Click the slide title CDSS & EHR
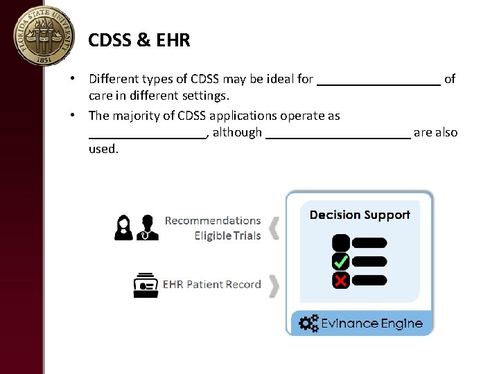coord(139,40)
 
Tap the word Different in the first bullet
coord(115,79)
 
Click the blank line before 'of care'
coord(378,80)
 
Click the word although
coord(237,132)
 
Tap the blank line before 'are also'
coord(338,134)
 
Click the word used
coord(104,149)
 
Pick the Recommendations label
coord(213,221)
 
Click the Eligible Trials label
coord(227,235)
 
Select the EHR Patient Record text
coord(211,284)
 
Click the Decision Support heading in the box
coord(360,215)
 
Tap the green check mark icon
coord(341,262)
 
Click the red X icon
coord(341,280)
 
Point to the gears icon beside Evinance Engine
coord(309,323)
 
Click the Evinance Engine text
coord(371,323)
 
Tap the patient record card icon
coord(146,284)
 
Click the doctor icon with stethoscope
coord(147,227)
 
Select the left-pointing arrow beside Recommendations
coord(274,227)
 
